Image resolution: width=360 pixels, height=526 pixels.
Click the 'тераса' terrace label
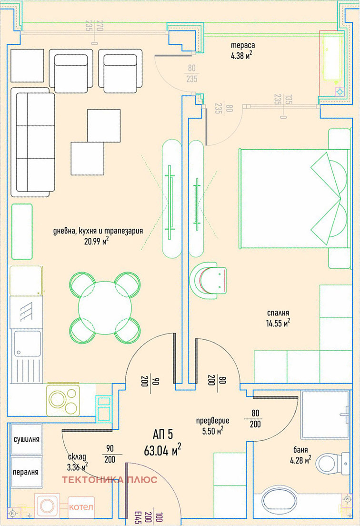(x=243, y=45)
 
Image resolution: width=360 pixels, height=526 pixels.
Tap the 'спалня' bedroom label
(x=278, y=313)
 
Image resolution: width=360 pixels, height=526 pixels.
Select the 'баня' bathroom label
(x=300, y=450)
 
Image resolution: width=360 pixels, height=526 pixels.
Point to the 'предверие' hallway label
(x=212, y=421)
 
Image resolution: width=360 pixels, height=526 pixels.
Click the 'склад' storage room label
(x=77, y=457)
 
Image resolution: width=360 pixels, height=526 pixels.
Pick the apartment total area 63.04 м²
(x=162, y=451)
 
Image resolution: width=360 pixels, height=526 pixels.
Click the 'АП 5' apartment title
(x=163, y=435)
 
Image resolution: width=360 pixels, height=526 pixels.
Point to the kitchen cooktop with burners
(x=63, y=400)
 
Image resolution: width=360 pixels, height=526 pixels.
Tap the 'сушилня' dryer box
(x=27, y=439)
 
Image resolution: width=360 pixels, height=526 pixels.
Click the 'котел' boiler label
(x=81, y=507)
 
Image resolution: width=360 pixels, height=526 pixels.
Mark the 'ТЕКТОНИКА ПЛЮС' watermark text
(x=110, y=480)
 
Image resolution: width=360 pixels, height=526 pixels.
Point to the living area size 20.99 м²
(x=97, y=241)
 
